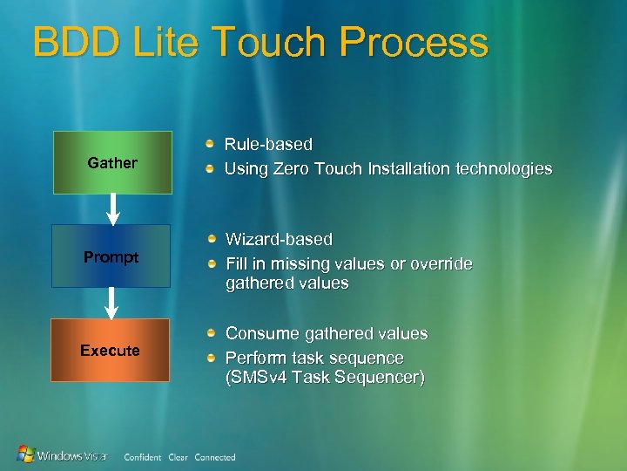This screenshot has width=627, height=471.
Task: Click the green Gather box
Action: pos(112,162)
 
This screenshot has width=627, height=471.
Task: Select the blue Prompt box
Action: pos(111,256)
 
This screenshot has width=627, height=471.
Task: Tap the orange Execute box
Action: pos(110,351)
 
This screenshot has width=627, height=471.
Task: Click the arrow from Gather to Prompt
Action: pos(112,208)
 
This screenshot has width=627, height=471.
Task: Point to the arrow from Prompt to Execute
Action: pos(111,303)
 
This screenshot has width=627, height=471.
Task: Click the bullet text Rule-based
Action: pos(268,144)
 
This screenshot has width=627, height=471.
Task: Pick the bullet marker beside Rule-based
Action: pos(210,143)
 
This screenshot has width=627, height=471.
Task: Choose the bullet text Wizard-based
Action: pos(279,239)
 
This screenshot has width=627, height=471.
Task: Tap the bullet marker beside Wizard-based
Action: pos(211,238)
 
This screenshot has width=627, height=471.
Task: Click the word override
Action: pos(439,263)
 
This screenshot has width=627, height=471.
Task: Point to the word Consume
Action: pos(260,333)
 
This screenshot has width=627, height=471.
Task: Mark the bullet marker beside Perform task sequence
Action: pos(211,358)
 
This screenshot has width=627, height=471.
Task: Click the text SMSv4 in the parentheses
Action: pos(260,378)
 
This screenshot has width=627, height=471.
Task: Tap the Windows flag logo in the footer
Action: pos(27,454)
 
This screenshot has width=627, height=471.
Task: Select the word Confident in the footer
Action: pos(143,457)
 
